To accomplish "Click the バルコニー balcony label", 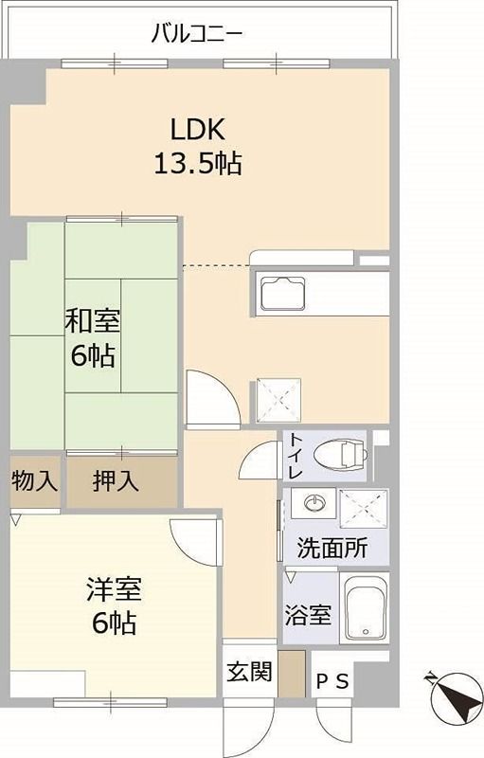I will click(198, 35).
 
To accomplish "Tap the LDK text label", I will click(198, 129).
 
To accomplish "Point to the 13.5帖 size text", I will click(198, 164).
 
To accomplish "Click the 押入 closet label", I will click(117, 481).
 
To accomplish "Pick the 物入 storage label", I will click(34, 481).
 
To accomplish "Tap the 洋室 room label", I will click(114, 590).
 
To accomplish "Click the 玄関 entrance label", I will click(249, 672).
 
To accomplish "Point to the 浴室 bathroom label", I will click(308, 614).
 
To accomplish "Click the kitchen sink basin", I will click(283, 293).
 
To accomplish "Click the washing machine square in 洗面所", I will click(364, 509).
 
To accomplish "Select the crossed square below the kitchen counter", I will click(278, 399).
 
